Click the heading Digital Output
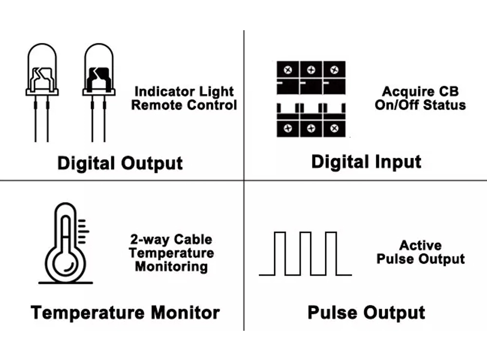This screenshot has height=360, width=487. point(120,163)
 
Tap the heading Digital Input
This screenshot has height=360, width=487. point(366,161)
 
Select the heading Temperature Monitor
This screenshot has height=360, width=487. point(125,312)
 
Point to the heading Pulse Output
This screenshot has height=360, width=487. point(366,312)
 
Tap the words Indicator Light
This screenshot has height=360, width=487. point(184,92)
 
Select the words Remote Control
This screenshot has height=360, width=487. point(184,105)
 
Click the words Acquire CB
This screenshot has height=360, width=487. point(420,92)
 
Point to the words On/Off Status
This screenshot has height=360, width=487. point(420,105)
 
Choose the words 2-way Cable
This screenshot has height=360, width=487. point(171,240)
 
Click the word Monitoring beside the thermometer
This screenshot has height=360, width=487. point(171,266)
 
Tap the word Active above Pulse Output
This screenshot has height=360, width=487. point(420,246)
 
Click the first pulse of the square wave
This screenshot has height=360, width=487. point(280,253)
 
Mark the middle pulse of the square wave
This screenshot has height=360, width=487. point(305,253)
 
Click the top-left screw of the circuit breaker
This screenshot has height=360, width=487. point(288,70)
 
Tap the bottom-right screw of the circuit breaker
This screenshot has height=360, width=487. point(334,129)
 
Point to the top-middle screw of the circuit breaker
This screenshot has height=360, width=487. point(311,70)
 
